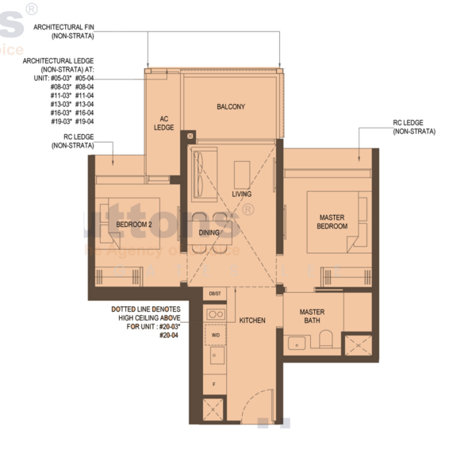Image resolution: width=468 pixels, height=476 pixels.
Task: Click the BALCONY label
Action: coord(231,106)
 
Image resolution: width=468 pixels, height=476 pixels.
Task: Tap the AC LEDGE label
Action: coord(163,123)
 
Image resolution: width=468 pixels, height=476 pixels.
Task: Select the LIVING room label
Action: coord(242,194)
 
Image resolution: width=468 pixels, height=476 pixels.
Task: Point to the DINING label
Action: coord(209,232)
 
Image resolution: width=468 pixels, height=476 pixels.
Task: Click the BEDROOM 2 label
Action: coord(133,225)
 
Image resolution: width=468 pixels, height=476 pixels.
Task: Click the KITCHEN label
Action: coord(252,321)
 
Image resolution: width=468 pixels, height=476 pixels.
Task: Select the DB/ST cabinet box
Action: coord(215,294)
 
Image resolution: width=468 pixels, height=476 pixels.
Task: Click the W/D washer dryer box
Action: coord(215,335)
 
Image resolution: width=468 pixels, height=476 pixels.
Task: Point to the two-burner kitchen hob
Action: coord(215,314)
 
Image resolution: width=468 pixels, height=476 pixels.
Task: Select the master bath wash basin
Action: coord(297,344)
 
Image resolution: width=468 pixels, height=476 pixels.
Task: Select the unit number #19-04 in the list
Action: coord(85,121)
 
